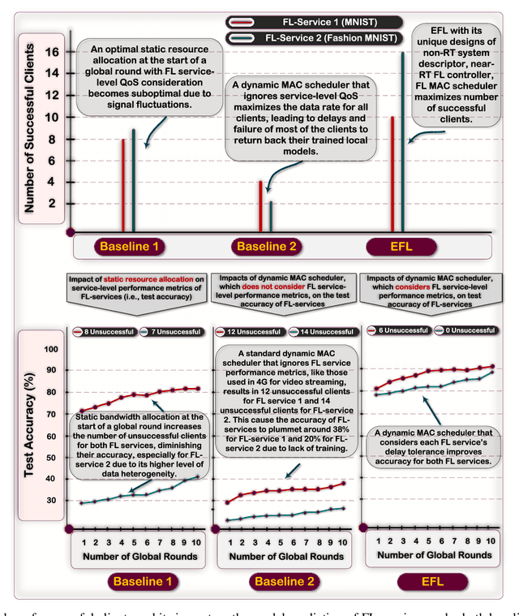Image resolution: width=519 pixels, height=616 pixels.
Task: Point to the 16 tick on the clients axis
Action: (53, 52)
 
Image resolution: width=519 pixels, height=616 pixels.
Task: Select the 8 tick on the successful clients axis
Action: (52, 139)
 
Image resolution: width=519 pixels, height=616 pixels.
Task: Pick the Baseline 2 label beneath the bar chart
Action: (260, 246)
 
